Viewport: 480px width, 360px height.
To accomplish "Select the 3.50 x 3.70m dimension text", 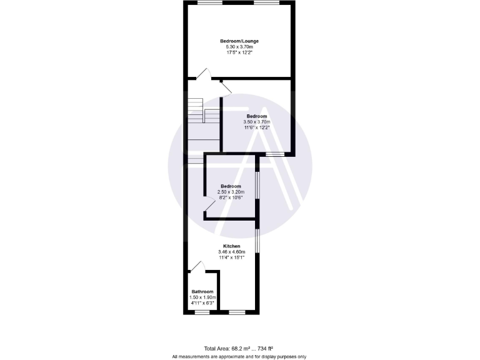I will click(257, 122).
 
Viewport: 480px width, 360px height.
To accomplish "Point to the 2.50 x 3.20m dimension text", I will click(230, 192).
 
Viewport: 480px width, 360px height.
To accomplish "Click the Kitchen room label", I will click(232, 246).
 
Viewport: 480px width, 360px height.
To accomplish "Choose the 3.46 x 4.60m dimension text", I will click(232, 252).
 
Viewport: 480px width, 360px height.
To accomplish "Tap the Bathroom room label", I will click(202, 292).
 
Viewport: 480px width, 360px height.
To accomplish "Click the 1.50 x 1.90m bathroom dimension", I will click(202, 297).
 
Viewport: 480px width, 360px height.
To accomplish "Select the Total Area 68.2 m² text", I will click(239, 348).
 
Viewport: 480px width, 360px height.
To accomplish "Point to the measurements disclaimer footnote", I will click(239, 356).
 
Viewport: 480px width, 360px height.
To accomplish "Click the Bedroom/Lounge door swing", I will click(203, 73).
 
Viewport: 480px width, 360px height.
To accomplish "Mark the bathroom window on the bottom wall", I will click(201, 311).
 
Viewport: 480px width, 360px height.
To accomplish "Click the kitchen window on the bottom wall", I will click(237, 311).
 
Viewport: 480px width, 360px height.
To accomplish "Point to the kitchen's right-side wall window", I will click(257, 241).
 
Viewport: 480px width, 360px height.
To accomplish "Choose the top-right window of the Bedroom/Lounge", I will click(266, 2).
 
